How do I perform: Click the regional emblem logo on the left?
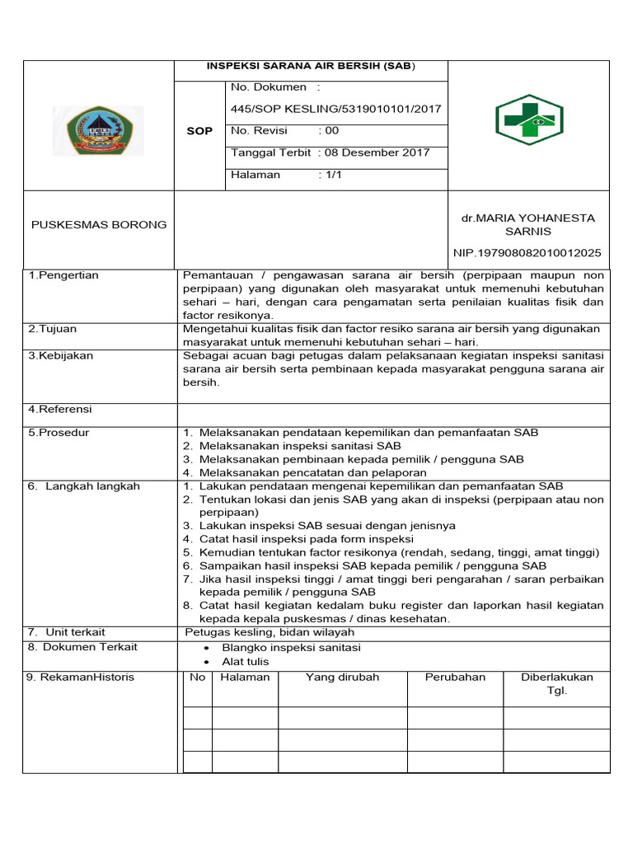click(x=104, y=130)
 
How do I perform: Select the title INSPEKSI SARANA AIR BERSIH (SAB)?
click(x=312, y=67)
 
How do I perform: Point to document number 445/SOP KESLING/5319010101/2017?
click(x=336, y=109)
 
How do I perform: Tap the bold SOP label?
click(x=200, y=131)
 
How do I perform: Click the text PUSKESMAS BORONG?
click(x=99, y=224)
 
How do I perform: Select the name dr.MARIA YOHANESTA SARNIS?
click(x=528, y=224)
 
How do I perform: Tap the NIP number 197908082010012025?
click(x=527, y=252)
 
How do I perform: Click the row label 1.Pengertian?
click(x=63, y=275)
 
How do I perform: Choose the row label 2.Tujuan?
click(x=53, y=329)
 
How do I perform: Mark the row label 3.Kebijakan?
click(x=61, y=356)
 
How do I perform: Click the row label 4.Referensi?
click(x=60, y=409)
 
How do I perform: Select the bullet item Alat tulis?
click(x=246, y=661)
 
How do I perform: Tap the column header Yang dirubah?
click(x=342, y=678)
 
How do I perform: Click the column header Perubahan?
click(x=455, y=678)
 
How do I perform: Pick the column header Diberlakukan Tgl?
click(x=556, y=684)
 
